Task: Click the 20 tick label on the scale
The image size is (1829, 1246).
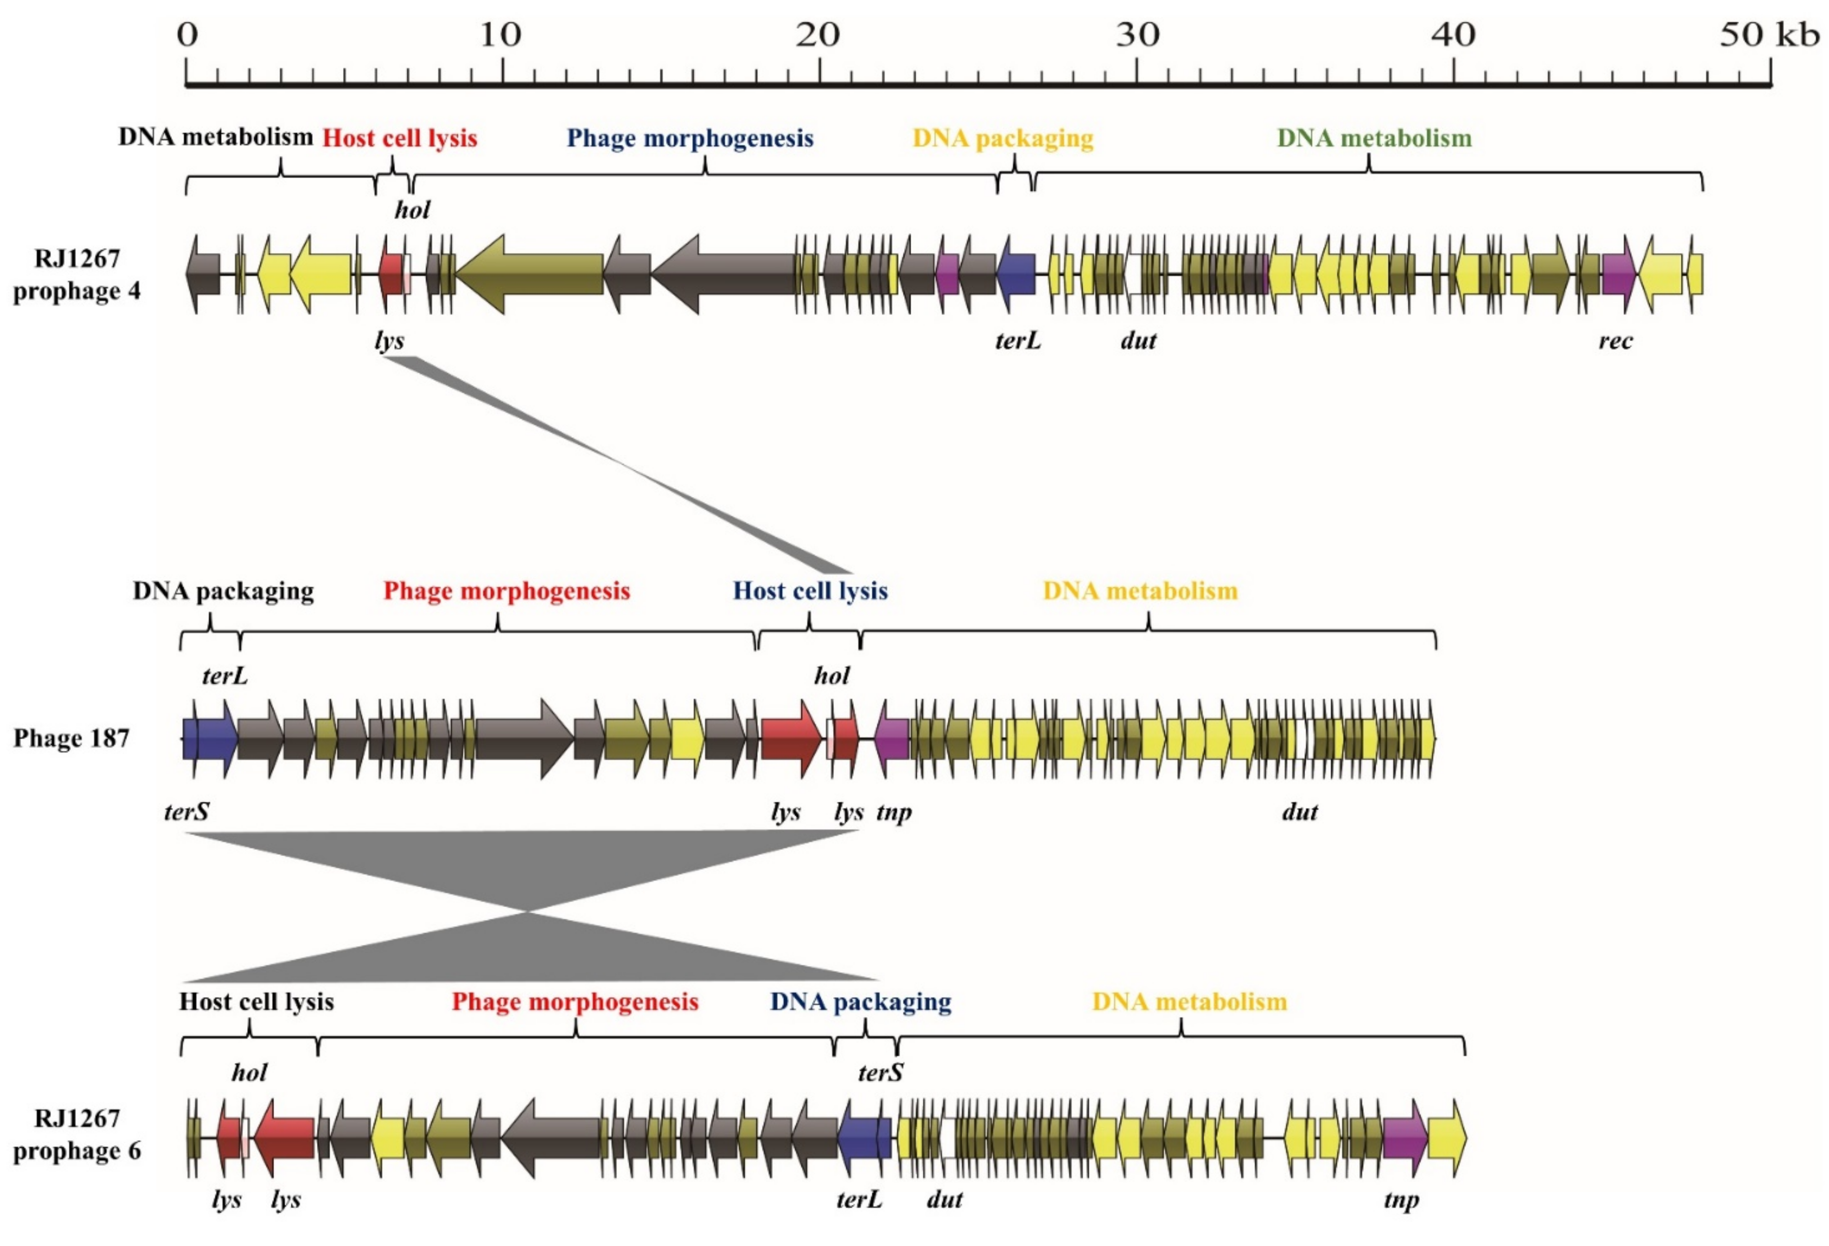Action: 819,35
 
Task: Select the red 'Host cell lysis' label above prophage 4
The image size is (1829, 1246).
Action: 400,139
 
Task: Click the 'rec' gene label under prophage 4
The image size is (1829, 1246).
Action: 1615,341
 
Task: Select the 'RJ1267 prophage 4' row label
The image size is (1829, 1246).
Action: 77,275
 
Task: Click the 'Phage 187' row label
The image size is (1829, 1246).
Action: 71,738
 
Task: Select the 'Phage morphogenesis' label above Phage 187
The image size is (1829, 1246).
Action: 507,591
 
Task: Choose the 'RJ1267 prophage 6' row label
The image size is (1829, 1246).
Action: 77,1135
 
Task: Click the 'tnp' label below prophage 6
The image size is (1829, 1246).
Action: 1401,1201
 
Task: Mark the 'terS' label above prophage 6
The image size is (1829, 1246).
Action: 880,1072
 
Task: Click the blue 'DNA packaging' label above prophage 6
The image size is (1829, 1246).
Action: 860,1002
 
